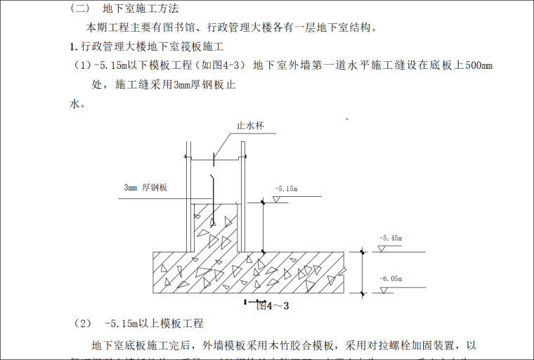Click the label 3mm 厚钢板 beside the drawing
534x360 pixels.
[146, 188]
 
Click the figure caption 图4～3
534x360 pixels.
[273, 306]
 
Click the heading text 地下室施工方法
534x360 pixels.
[141, 10]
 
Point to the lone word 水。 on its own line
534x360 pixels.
[77, 103]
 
